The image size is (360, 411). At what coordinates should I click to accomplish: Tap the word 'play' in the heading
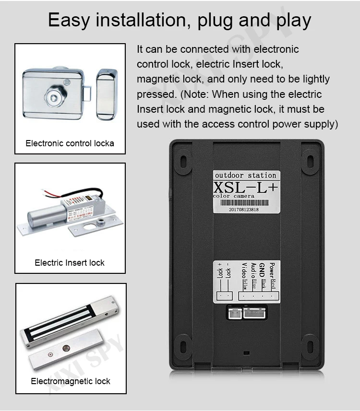click(x=290, y=21)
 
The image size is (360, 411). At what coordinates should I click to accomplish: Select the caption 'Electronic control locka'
click(x=70, y=143)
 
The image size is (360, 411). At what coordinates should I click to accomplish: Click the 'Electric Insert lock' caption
click(x=70, y=262)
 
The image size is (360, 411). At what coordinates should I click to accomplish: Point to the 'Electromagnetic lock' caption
click(x=71, y=381)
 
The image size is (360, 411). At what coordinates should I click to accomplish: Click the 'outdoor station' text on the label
click(x=245, y=175)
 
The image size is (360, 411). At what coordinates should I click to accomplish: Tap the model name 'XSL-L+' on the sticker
click(x=245, y=186)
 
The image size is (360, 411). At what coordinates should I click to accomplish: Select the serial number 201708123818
click(x=243, y=209)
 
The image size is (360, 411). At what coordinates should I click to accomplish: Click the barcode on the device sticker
click(x=245, y=202)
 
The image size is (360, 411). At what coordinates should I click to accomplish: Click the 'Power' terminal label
click(x=272, y=269)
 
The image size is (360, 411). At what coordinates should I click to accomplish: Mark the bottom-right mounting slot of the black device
click(x=309, y=346)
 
